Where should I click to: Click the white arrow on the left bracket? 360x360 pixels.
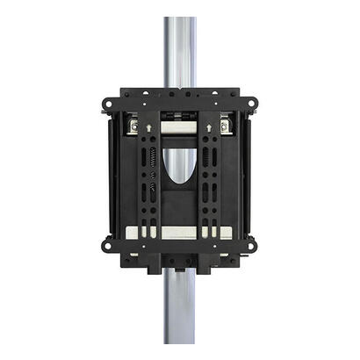pyautogui.click(x=149, y=128)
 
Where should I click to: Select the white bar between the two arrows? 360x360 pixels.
pyautogui.click(x=180, y=129)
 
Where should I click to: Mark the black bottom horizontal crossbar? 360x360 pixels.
pyautogui.click(x=180, y=256)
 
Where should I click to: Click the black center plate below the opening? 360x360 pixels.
pyautogui.click(x=180, y=206)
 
